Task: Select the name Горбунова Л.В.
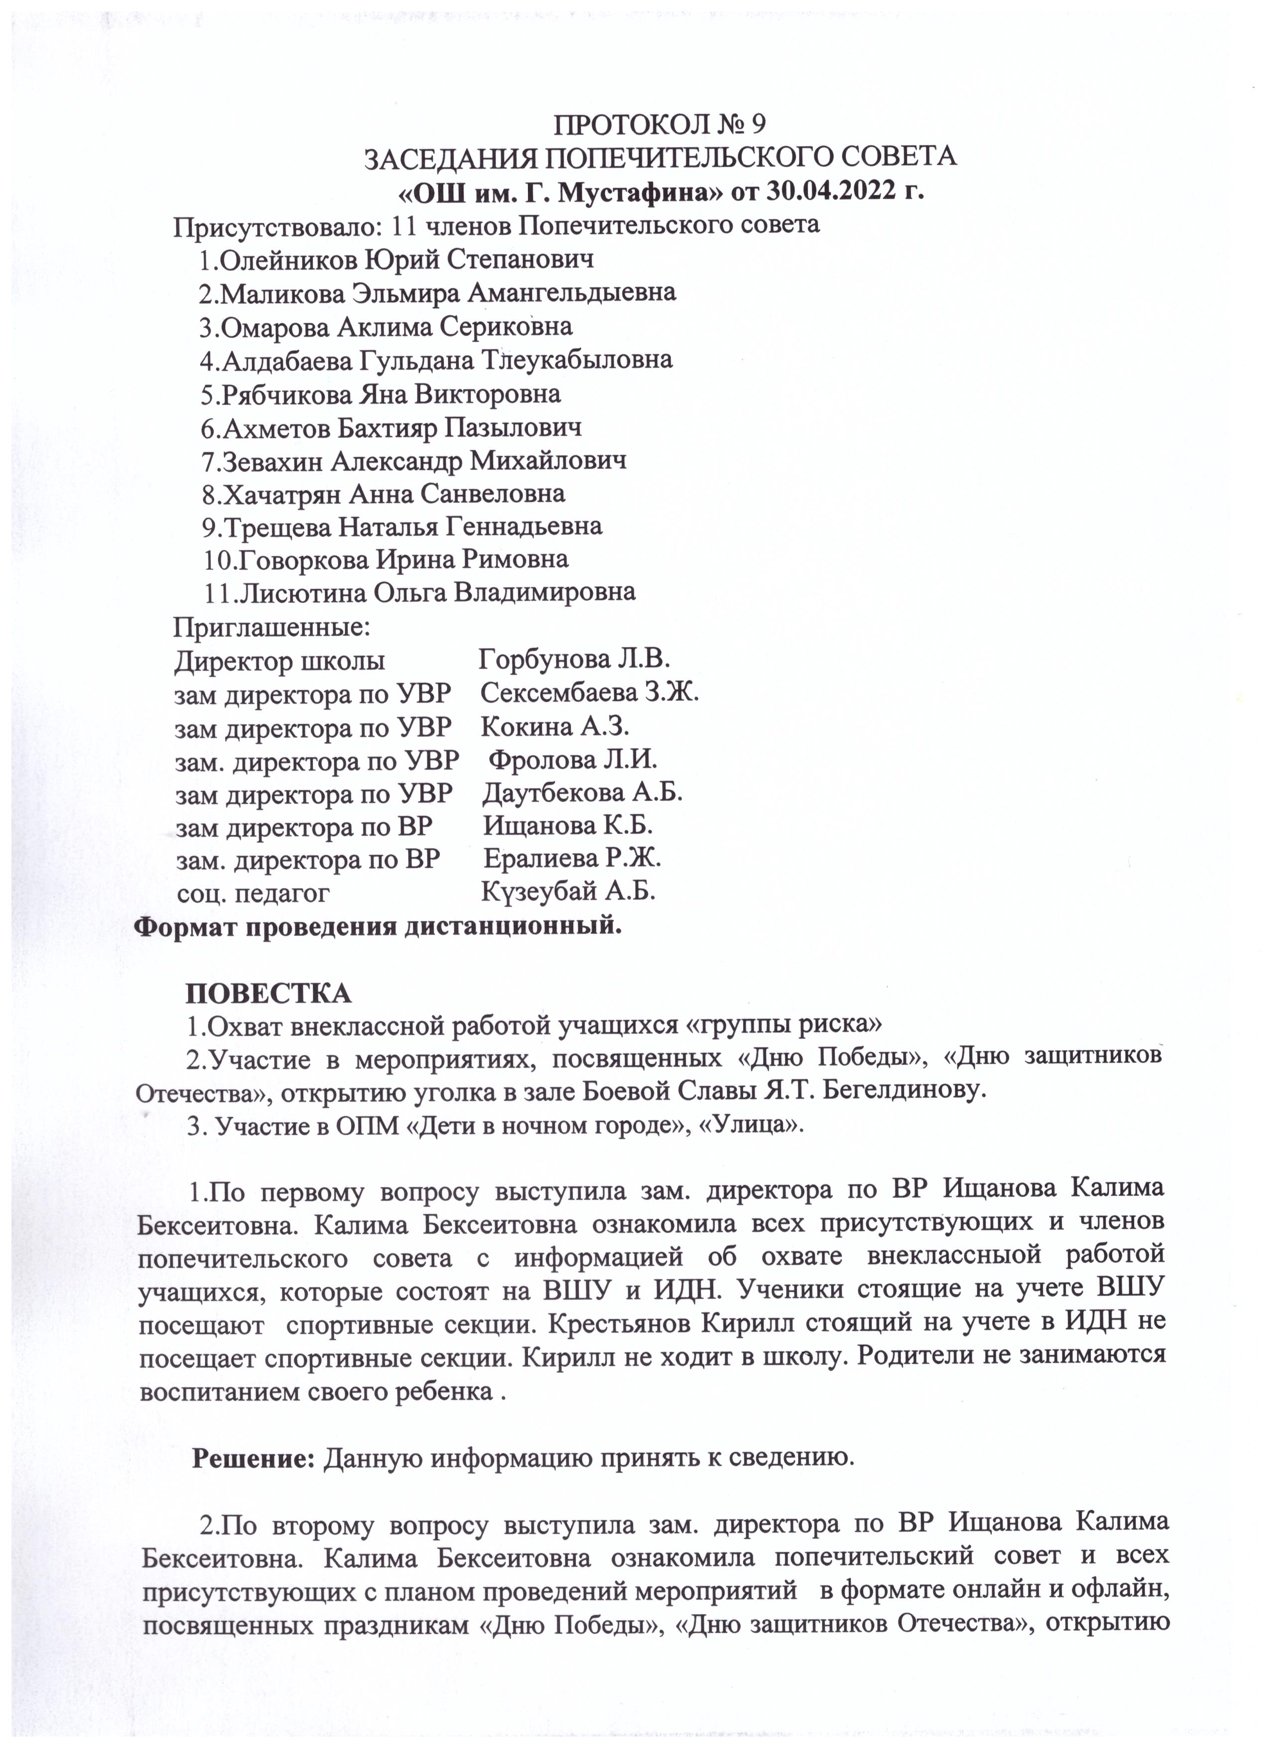pos(574,660)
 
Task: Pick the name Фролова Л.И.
pos(573,760)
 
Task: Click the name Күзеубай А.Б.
pos(569,892)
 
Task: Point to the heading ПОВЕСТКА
pos(268,994)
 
